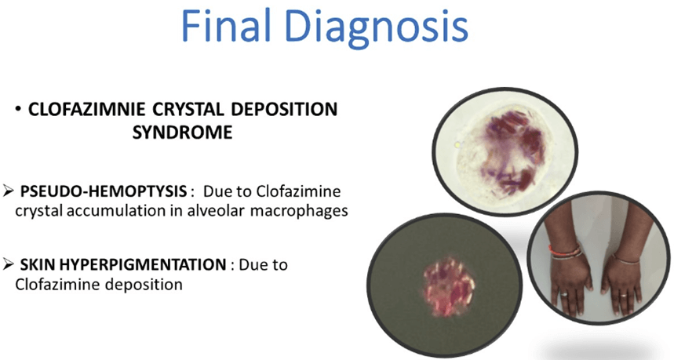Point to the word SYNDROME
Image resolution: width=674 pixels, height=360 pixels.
click(x=182, y=133)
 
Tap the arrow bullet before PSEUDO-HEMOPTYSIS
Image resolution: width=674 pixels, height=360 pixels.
click(x=8, y=192)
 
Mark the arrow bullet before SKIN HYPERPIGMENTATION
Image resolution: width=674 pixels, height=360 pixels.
click(x=8, y=264)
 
